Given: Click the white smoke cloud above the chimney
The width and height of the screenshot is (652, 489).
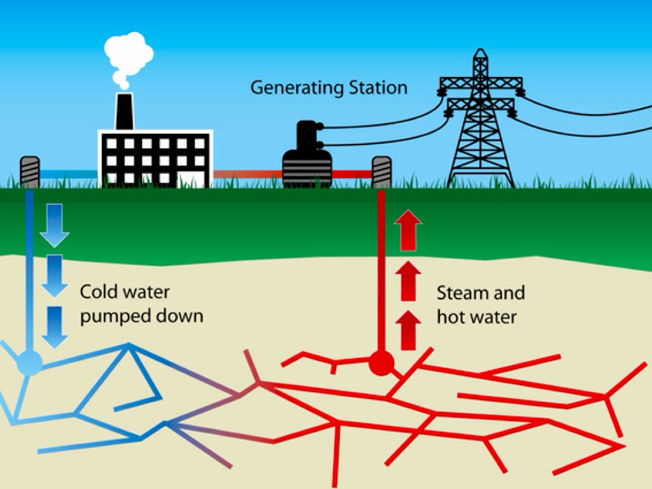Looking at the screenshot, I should [128, 56].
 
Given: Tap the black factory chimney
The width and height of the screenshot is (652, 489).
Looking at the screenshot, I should [124, 111].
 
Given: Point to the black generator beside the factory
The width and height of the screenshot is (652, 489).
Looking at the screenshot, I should [307, 156].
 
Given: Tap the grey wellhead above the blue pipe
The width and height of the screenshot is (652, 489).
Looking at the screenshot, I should [30, 171].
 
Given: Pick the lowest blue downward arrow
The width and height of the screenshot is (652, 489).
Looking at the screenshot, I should [54, 327].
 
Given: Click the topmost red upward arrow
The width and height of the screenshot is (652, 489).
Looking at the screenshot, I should [408, 231].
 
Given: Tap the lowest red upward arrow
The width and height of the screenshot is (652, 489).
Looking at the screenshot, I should [408, 330].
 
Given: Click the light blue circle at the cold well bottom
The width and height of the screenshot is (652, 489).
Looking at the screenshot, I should [29, 363].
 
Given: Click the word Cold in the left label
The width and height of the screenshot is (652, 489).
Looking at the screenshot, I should [99, 293].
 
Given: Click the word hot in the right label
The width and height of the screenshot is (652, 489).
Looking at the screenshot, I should [450, 316].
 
